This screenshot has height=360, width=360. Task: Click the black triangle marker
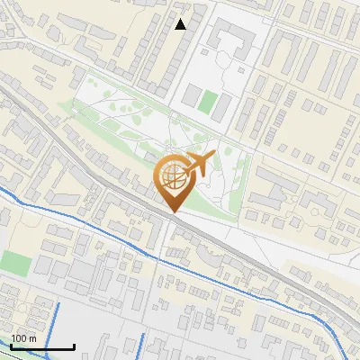click(x=181, y=24)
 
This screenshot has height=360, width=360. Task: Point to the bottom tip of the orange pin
click(x=174, y=211)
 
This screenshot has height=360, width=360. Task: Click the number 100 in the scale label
click(x=19, y=338)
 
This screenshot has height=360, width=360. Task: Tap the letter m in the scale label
click(x=32, y=338)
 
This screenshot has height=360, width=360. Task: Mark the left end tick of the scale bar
click(x=11, y=346)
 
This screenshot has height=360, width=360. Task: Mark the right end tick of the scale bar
click(x=74, y=346)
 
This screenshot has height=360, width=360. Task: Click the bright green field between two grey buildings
click(x=208, y=102)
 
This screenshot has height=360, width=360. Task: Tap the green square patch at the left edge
click(x=14, y=263)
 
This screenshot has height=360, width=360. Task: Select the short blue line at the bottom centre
click(x=143, y=347)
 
